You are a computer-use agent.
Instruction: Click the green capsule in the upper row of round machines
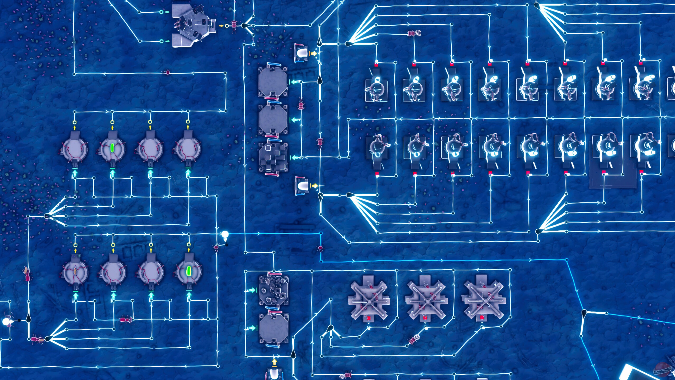coord(112,147)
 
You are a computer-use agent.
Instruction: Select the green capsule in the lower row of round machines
coord(188,271)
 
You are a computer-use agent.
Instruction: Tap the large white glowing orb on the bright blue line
coord(225,234)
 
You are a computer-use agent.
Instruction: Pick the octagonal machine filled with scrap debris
coord(273,290)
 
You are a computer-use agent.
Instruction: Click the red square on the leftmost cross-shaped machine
coord(369,317)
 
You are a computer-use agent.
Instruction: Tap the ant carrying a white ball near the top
coord(414,33)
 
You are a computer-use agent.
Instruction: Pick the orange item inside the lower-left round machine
coord(75,270)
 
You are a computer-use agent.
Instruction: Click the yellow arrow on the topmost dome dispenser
coord(314,53)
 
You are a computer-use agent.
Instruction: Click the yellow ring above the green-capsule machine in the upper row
coord(112,122)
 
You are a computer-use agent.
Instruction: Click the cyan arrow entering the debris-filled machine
coord(252,290)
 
